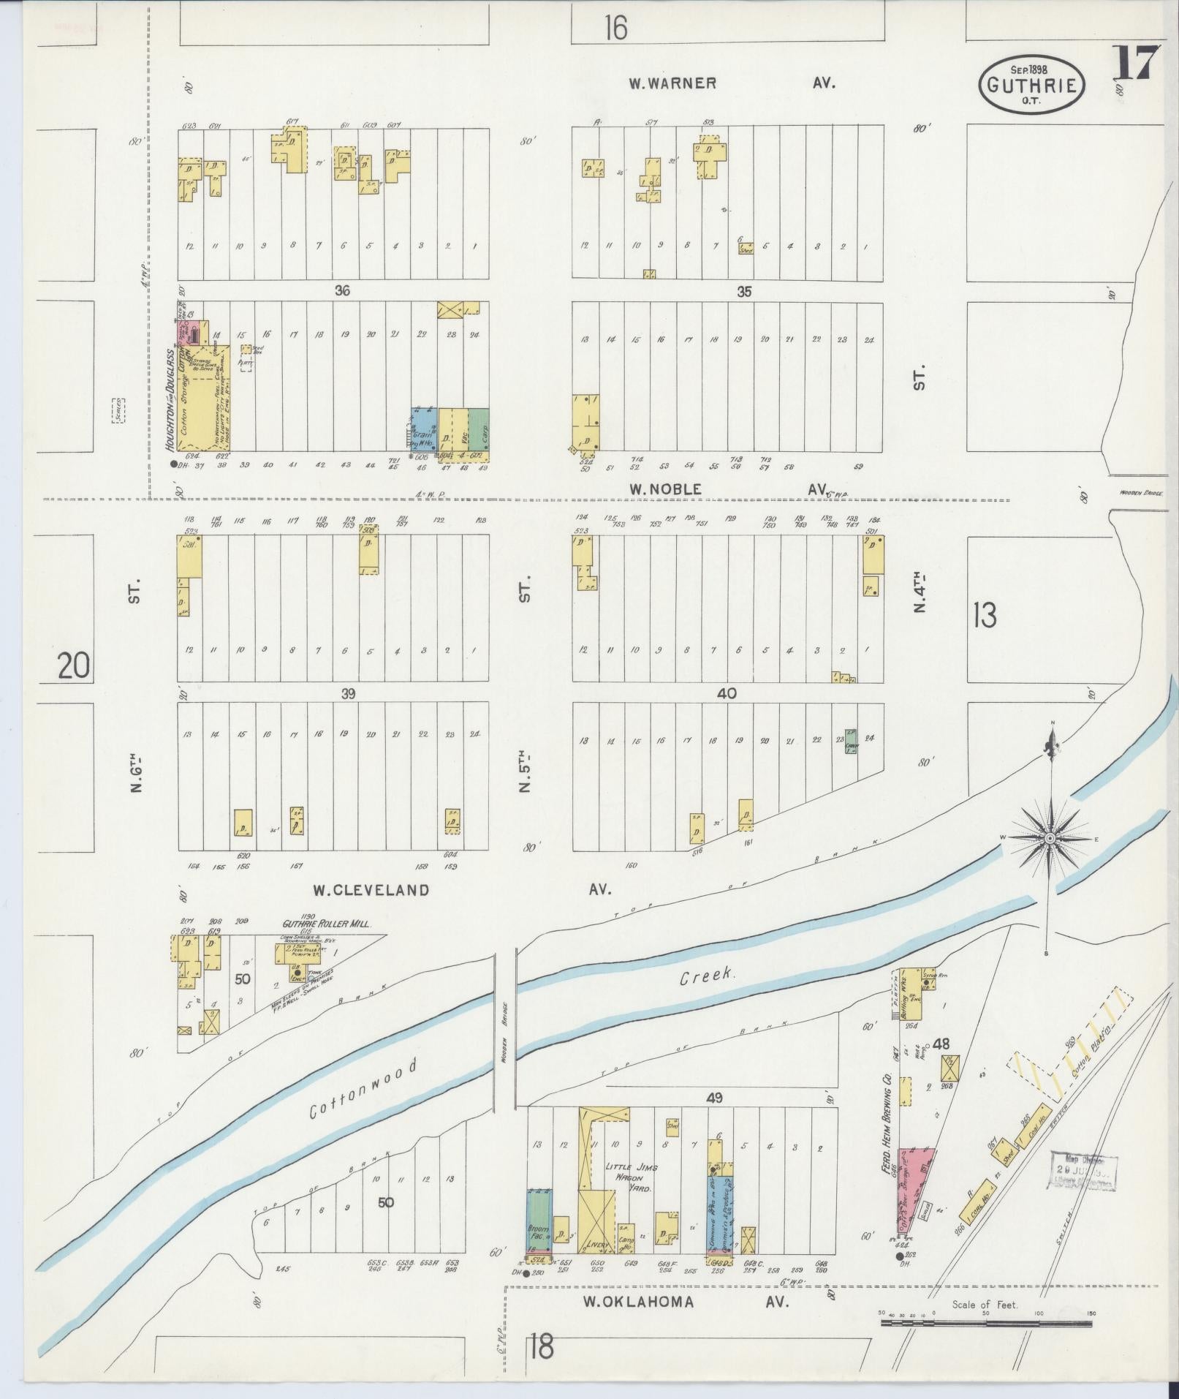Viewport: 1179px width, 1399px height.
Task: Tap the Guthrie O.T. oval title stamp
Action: tap(1031, 85)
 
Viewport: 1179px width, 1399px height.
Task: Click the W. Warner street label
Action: tap(672, 83)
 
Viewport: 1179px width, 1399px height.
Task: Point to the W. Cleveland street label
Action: tap(371, 890)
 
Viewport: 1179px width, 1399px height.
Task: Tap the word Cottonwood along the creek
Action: tap(363, 1099)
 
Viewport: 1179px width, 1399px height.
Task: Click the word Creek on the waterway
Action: tap(706, 978)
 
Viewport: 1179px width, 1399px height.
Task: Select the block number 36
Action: tap(342, 291)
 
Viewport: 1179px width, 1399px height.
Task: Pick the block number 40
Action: tap(727, 693)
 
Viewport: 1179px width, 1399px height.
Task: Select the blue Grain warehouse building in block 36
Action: tap(425, 430)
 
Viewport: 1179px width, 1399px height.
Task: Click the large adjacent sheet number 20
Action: tap(75, 666)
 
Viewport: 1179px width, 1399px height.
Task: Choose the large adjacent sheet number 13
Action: tap(985, 616)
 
